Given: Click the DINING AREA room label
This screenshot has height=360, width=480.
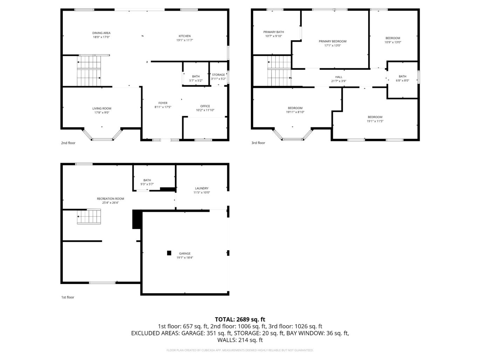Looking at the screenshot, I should click(102, 33).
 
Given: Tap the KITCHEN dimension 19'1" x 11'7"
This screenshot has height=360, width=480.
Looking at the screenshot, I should click(185, 40).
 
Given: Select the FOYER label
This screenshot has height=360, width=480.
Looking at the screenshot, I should click(163, 103).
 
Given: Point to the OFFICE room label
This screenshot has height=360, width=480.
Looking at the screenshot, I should click(205, 106).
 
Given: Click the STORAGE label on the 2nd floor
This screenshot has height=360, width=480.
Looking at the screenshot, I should click(218, 75).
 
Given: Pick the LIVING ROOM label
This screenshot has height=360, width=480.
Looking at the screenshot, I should click(102, 109).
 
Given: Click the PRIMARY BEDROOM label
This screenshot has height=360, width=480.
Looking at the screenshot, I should click(332, 41).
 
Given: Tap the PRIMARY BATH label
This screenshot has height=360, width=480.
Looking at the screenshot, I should click(274, 32).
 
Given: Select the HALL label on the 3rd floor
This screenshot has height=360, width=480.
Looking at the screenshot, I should click(339, 77).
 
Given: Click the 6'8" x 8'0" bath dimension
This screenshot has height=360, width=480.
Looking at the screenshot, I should click(403, 81).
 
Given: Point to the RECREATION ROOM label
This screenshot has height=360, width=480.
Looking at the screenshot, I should click(110, 199).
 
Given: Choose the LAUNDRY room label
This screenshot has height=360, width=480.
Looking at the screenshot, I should click(202, 188).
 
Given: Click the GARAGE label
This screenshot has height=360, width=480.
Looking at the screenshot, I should click(185, 254).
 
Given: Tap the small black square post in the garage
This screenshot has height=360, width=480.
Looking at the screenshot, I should click(169, 253).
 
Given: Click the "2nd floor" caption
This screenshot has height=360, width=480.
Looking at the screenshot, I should click(68, 143).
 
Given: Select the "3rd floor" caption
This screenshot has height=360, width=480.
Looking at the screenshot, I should click(258, 143).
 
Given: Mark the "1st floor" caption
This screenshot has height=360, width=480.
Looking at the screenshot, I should click(68, 297).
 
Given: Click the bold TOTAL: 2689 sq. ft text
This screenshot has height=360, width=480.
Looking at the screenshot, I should click(240, 319).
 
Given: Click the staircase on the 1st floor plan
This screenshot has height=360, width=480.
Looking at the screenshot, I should click(89, 216).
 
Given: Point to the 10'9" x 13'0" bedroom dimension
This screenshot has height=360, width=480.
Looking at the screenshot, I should click(393, 42).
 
